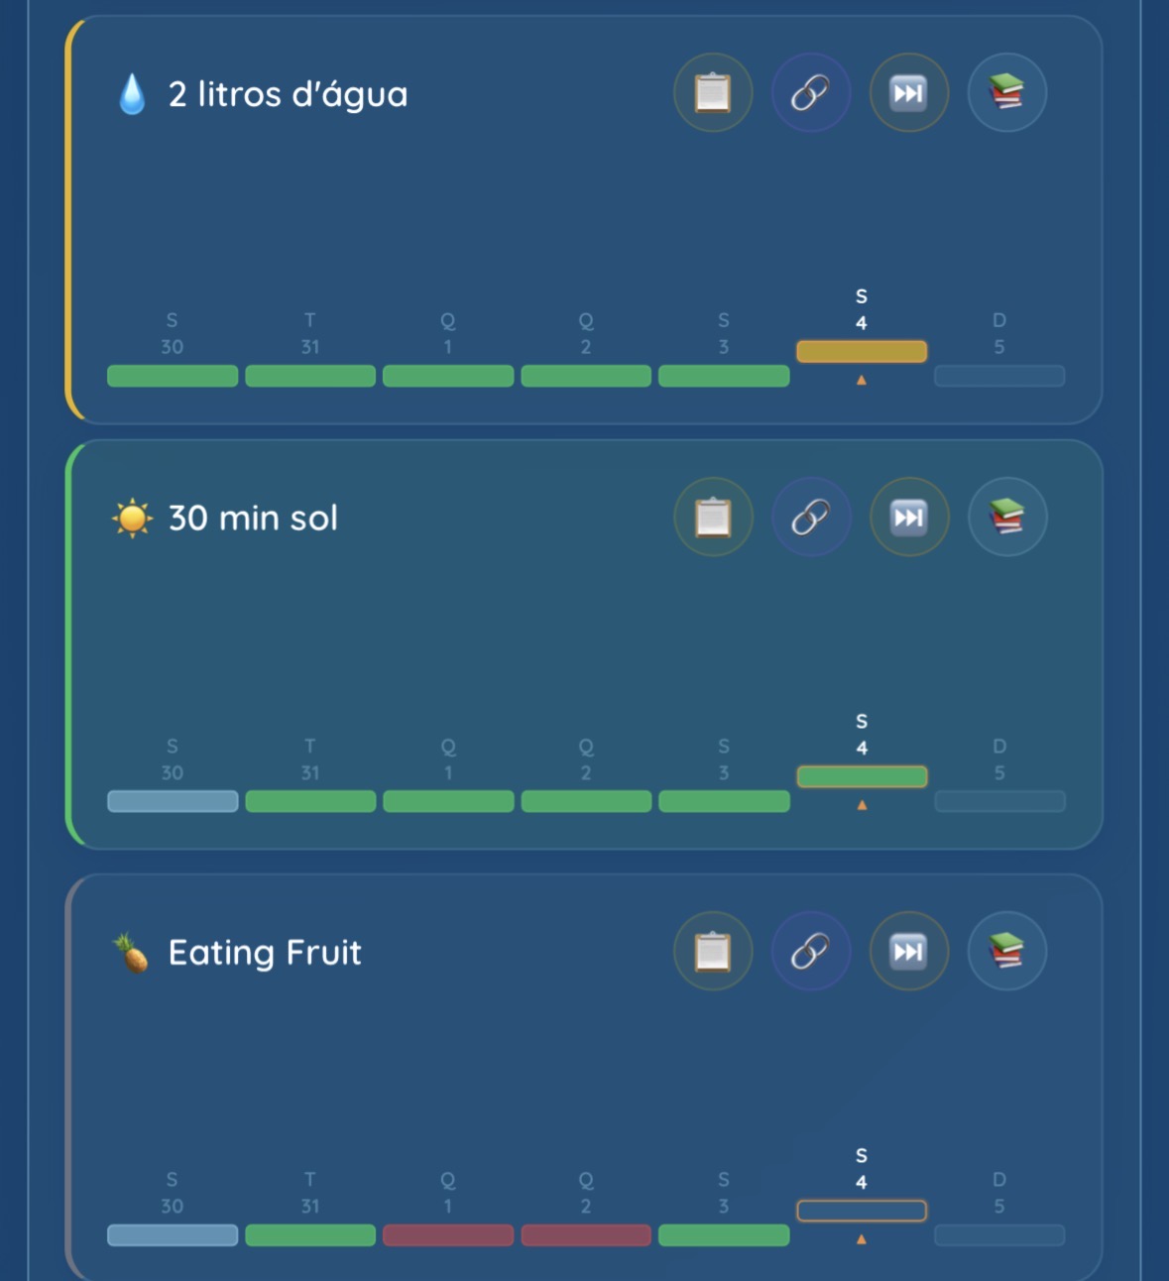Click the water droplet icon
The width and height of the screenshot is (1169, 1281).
pyautogui.click(x=132, y=95)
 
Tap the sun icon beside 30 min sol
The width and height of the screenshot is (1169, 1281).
pyautogui.click(x=132, y=518)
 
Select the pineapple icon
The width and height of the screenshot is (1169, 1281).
pyautogui.click(x=131, y=952)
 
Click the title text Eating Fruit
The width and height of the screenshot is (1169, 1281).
pyautogui.click(x=265, y=952)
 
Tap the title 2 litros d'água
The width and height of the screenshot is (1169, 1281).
pyautogui.click(x=288, y=94)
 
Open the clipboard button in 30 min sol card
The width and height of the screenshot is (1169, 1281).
pyautogui.click(x=713, y=518)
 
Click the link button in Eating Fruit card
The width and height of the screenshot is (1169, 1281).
pyautogui.click(x=810, y=952)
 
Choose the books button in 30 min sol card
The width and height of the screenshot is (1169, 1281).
pyautogui.click(x=1006, y=518)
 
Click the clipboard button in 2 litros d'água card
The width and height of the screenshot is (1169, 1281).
pyautogui.click(x=713, y=93)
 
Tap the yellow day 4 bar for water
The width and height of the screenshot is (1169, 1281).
pyautogui.click(x=862, y=351)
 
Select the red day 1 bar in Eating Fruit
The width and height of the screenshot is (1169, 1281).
pyautogui.click(x=448, y=1235)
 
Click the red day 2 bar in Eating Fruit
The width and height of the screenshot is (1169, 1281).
pyautogui.click(x=586, y=1235)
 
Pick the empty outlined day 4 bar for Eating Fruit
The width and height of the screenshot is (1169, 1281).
pyautogui.click(x=862, y=1211)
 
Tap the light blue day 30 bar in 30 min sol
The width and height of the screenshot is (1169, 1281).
pyautogui.click(x=173, y=801)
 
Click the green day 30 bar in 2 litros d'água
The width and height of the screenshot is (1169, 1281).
pyautogui.click(x=173, y=376)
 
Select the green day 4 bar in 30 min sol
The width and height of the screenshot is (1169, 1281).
pyautogui.click(x=862, y=776)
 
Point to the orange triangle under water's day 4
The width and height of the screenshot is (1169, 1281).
pyautogui.click(x=862, y=381)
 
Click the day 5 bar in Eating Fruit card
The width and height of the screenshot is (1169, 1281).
pyautogui.click(x=999, y=1235)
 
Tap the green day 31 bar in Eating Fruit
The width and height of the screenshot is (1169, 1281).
pyautogui.click(x=310, y=1235)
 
